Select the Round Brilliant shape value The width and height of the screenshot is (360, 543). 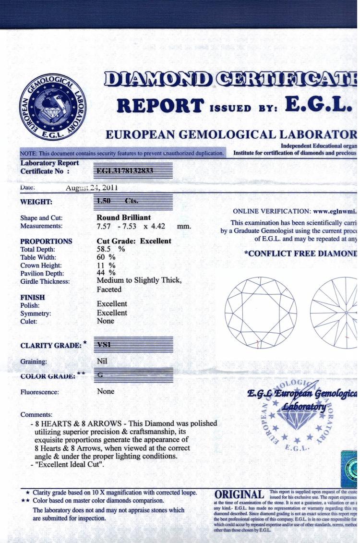[123, 217]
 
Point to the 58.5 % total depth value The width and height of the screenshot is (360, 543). [111, 249]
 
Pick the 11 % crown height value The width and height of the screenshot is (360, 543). [106, 265]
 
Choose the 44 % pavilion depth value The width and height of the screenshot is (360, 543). [106, 273]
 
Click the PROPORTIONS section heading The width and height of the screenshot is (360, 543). [46, 241]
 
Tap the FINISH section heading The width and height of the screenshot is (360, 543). [32, 297]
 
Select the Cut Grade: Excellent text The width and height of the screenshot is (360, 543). [134, 241]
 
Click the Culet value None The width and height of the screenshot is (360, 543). [106, 321]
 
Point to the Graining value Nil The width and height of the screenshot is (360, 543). [103, 361]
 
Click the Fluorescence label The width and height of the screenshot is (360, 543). [40, 392]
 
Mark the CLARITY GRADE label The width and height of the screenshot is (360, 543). [51, 345]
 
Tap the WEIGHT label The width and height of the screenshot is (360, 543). [36, 202]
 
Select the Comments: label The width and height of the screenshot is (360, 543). [36, 414]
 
